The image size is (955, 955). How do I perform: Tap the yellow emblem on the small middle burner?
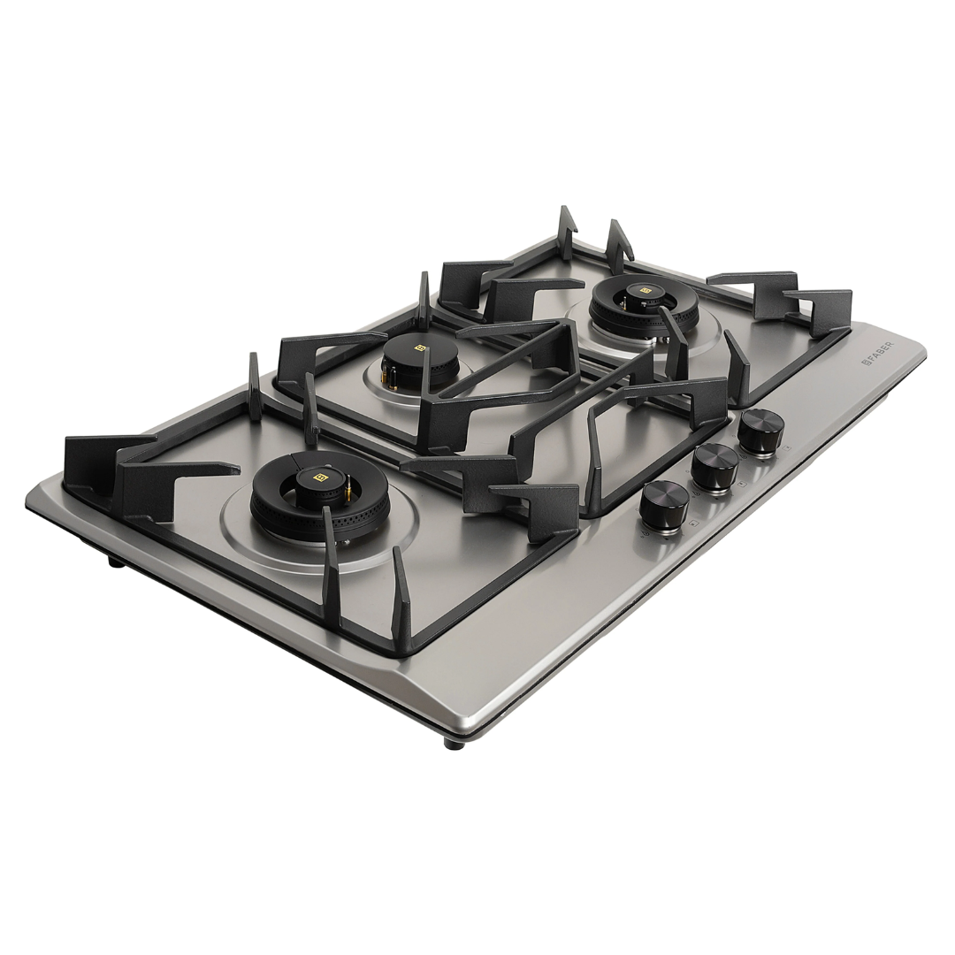(x=421, y=348)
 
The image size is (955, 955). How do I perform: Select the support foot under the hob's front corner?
(x=454, y=744)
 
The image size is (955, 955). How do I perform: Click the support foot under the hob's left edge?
(x=115, y=561)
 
